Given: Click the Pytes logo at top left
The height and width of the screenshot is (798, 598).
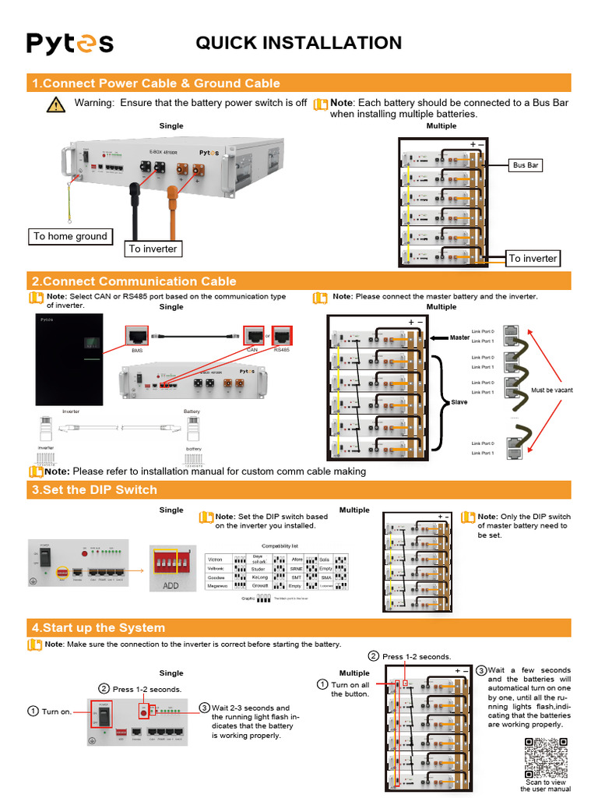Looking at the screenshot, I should [x=70, y=43].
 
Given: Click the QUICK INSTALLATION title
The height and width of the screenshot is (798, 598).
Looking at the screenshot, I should [x=298, y=43].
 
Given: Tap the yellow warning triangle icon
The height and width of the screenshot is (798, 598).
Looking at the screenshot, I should [x=55, y=105].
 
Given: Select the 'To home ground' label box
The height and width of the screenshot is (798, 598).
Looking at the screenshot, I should [x=70, y=236].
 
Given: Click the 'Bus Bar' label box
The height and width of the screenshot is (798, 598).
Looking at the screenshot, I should [x=526, y=165].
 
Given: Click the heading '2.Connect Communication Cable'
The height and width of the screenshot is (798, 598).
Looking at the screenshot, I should [x=133, y=281].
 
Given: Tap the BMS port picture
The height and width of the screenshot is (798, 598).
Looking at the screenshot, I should [x=137, y=337].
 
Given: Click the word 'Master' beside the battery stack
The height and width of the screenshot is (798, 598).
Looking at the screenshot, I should [x=460, y=337].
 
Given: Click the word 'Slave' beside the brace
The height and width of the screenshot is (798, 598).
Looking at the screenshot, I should [x=459, y=403].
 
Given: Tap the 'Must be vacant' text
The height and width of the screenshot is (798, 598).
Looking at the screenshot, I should [x=551, y=390].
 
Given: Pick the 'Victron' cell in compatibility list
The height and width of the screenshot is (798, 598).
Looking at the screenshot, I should [x=216, y=560].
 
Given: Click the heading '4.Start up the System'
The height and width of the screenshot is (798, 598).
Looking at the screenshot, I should [x=97, y=627].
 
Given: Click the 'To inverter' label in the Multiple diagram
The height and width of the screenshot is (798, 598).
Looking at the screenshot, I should [x=533, y=258].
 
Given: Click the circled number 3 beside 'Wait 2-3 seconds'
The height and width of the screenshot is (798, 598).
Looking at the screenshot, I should [x=204, y=708].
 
